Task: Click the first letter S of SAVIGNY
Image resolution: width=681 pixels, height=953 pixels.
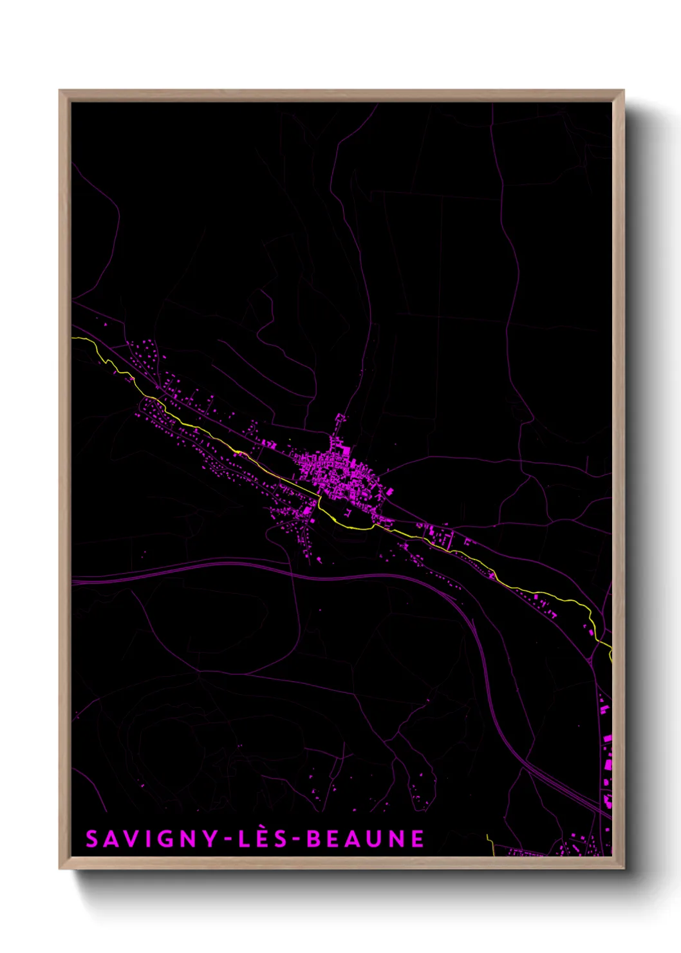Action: click(x=92, y=839)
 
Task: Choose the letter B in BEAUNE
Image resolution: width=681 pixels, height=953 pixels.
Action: click(x=313, y=839)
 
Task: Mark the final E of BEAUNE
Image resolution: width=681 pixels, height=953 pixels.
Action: click(x=418, y=839)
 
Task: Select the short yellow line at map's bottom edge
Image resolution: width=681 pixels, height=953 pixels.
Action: click(x=490, y=845)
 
